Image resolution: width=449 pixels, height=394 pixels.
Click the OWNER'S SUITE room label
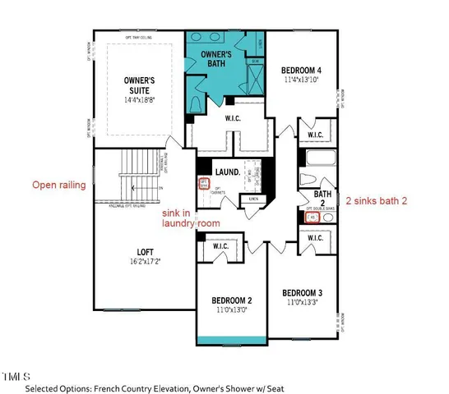pyautogui.click(x=141, y=85)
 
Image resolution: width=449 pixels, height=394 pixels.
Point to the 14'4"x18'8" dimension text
pyautogui.click(x=141, y=99)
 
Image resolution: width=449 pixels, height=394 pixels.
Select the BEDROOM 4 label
pyautogui.click(x=300, y=71)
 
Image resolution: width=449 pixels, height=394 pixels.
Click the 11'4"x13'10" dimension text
pyautogui.click(x=300, y=80)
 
